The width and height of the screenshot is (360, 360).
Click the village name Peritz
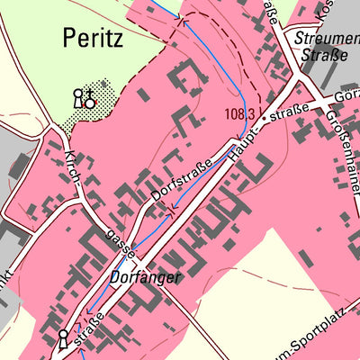click(x=94, y=38)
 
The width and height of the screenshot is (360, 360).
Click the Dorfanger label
click(x=147, y=278)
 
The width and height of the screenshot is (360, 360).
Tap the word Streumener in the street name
click(x=319, y=37)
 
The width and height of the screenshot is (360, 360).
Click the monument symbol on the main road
click(x=63, y=339)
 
